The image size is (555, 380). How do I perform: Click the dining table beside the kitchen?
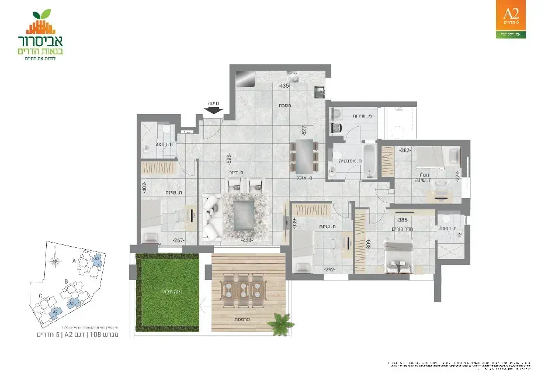[x=305, y=154]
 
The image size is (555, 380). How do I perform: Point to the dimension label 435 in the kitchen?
[x=285, y=87]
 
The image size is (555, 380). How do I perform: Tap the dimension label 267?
[x=177, y=240]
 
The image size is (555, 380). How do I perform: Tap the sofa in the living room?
[x=211, y=217]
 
